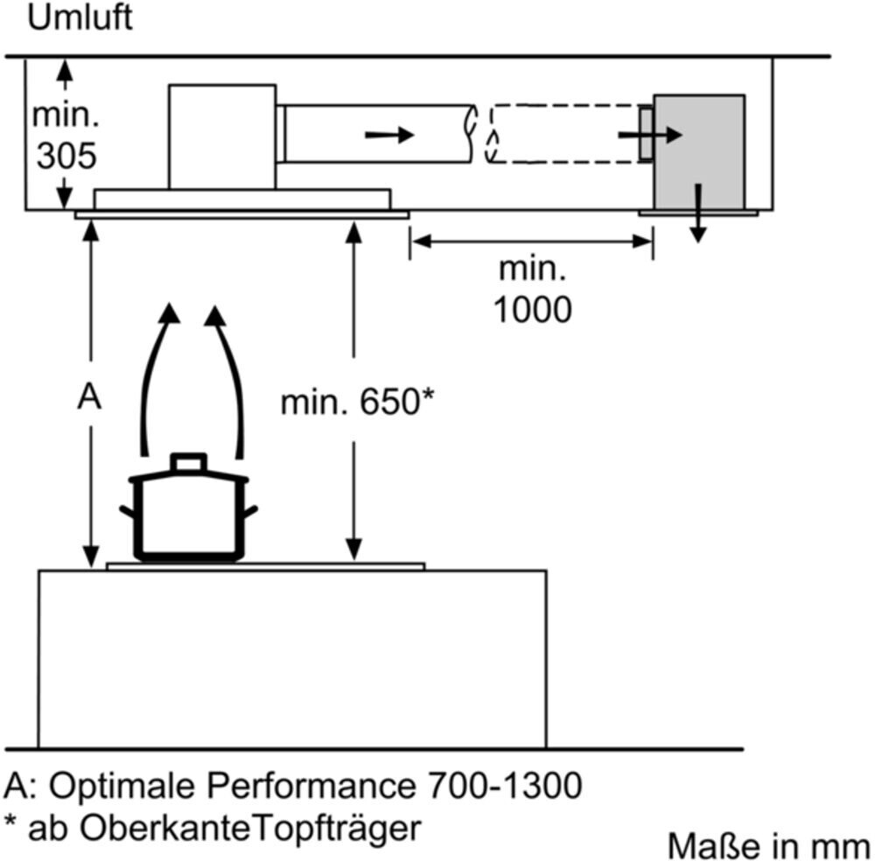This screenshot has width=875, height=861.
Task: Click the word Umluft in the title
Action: [80, 18]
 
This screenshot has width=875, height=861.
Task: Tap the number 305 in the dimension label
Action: [65, 157]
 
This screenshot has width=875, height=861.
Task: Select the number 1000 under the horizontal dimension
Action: [533, 309]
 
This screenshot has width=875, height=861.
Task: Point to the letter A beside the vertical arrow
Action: [88, 398]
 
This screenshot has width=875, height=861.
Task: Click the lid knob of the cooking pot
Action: [188, 462]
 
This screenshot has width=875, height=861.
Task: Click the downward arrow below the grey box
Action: [697, 214]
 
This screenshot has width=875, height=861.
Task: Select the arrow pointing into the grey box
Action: [649, 135]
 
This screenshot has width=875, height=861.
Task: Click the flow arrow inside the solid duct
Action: [388, 135]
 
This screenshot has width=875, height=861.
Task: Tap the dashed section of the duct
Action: [560, 134]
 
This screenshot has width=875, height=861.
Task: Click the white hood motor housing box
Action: [221, 136]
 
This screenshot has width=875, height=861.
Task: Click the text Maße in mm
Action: [769, 846]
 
